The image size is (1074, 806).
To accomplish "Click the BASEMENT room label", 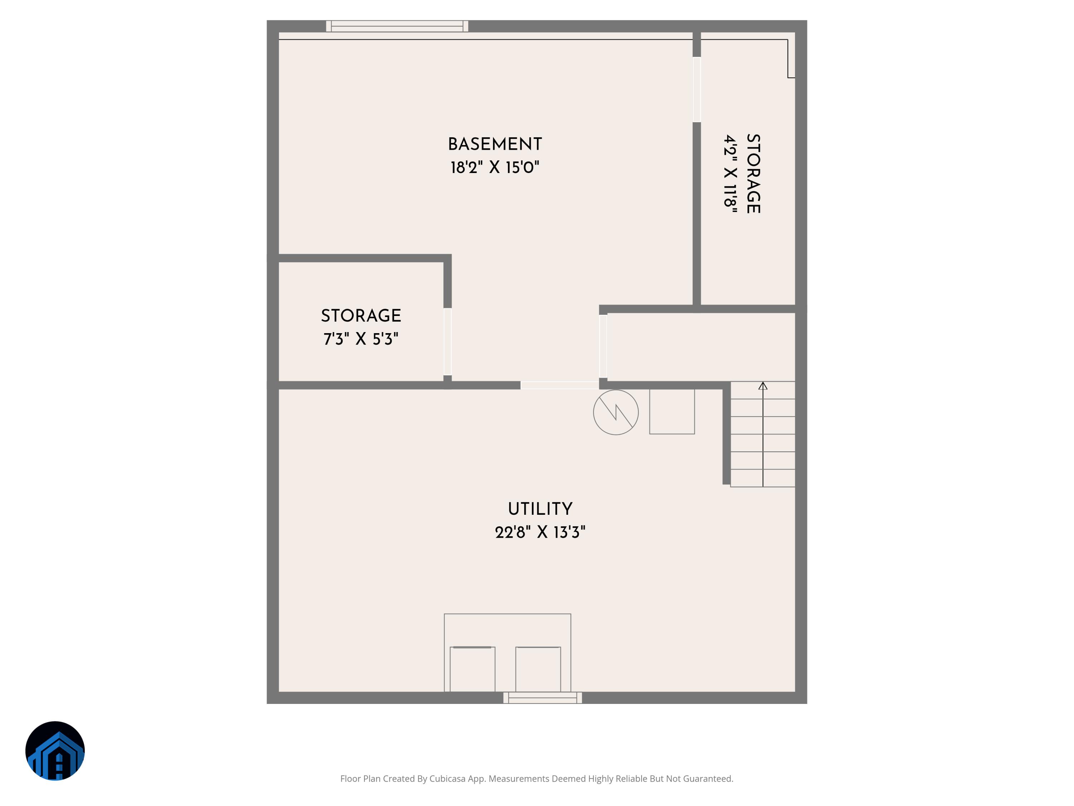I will [495, 144].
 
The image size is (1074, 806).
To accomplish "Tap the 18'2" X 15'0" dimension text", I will [495, 168].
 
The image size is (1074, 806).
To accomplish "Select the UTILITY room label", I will [540, 509].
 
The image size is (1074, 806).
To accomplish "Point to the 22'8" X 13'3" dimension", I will [540, 532].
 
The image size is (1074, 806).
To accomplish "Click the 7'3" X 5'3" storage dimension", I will [361, 339].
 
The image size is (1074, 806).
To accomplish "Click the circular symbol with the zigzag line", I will [616, 412].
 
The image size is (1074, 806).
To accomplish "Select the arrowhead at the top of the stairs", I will [763, 386].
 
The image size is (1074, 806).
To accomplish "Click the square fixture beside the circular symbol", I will [672, 412].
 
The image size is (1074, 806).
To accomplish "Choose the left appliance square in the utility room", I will [473, 669].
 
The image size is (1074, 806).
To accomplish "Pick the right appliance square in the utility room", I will [538, 669].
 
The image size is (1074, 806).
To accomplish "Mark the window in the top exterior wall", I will [397, 26].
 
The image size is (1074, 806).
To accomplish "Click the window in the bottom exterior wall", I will [542, 698].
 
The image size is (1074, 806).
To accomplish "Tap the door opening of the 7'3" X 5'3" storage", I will [447, 341].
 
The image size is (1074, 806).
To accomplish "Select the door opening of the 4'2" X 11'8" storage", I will [697, 90].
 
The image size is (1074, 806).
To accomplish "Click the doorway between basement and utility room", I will [559, 385].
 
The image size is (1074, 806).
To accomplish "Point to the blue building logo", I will [55, 750].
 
